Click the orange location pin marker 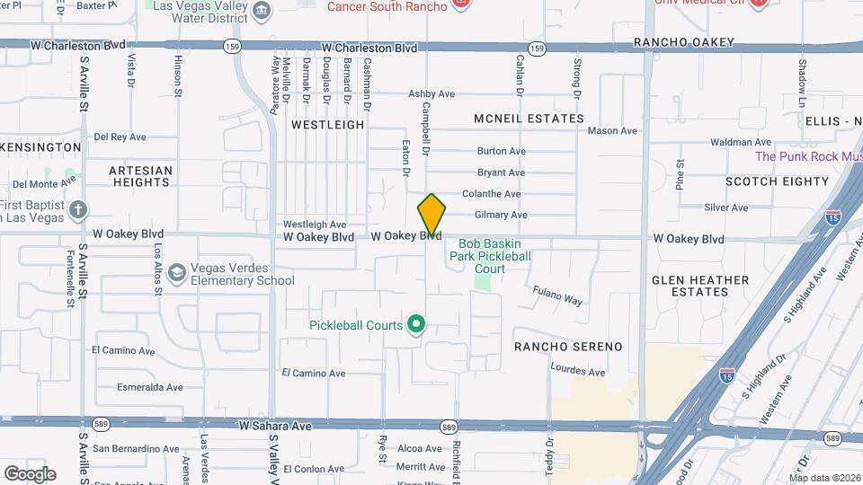pyautogui.click(x=431, y=216)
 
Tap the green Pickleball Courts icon pyautogui.click(x=415, y=324)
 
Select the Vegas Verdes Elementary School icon pyautogui.click(x=176, y=272)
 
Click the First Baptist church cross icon pyautogui.click(x=78, y=210)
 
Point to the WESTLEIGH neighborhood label pyautogui.click(x=326, y=125)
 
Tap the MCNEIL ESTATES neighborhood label pyautogui.click(x=529, y=119)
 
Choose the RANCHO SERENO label pyautogui.click(x=568, y=347)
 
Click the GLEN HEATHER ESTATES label pyautogui.click(x=700, y=286)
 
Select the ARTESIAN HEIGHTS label pyautogui.click(x=140, y=175)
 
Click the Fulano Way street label pyautogui.click(x=557, y=295)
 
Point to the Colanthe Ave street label pyautogui.click(x=492, y=194)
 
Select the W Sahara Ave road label pyautogui.click(x=274, y=424)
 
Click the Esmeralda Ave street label pyautogui.click(x=150, y=388)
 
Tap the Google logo pyautogui.click(x=30, y=473)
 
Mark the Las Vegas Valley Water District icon pyautogui.click(x=262, y=11)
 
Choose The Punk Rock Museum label pyautogui.click(x=808, y=156)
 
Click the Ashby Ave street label pyautogui.click(x=431, y=93)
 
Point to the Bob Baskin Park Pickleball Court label pyautogui.click(x=495, y=256)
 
